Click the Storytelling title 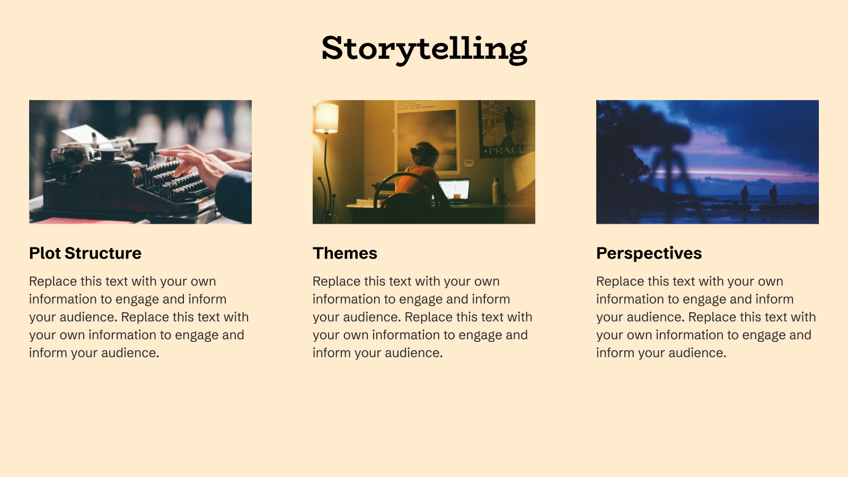(424, 49)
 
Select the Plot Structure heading (85, 253)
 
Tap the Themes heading (345, 253)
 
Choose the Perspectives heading (649, 253)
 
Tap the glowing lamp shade (326, 118)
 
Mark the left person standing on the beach (745, 195)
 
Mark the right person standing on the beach (773, 195)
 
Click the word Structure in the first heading (103, 253)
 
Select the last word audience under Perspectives (700, 353)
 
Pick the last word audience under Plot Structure (132, 353)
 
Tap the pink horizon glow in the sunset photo (753, 173)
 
